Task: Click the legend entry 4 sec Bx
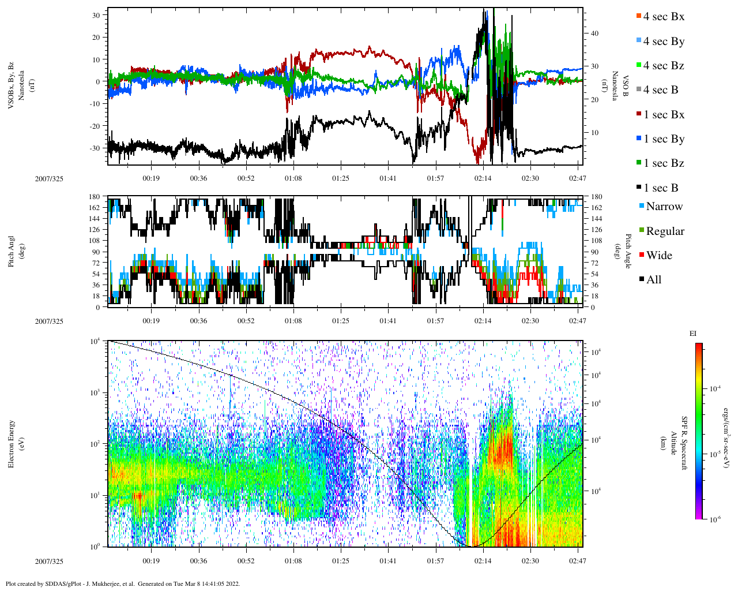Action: (x=663, y=17)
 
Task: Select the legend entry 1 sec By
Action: (x=663, y=139)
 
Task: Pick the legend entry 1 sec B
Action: (x=660, y=188)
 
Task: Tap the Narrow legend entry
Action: (x=664, y=207)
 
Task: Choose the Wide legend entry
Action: (x=658, y=256)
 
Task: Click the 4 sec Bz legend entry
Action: (x=663, y=66)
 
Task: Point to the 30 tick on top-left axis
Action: (x=96, y=15)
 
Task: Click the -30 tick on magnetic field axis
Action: (x=95, y=148)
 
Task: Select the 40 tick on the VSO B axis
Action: (x=594, y=33)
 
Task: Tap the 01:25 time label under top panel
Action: (x=340, y=178)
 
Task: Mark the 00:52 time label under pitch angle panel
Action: (x=246, y=321)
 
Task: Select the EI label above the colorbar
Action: (x=693, y=334)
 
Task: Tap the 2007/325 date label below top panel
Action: (x=49, y=179)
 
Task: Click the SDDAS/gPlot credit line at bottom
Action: (x=122, y=583)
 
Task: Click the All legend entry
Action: (x=653, y=280)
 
